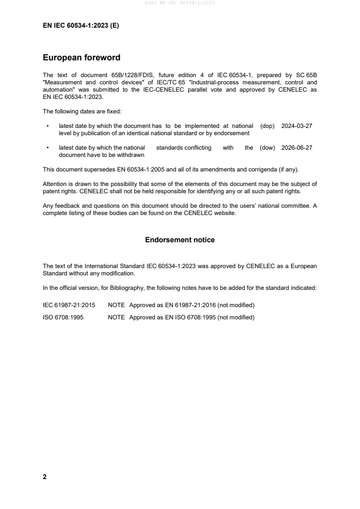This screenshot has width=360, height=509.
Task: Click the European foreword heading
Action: [81, 58]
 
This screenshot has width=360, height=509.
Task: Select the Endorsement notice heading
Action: [180, 240]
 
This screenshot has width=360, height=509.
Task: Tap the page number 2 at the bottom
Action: [44, 477]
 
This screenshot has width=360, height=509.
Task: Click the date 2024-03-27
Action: [297, 126]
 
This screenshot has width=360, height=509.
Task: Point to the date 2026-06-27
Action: [297, 147]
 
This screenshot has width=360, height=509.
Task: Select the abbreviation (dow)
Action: [267, 147]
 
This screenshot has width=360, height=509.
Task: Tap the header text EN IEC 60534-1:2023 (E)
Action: [81, 26]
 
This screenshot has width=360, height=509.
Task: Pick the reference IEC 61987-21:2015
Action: [69, 305]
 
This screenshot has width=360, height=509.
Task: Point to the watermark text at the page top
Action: [180, 3]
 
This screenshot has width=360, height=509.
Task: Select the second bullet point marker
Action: [47, 148]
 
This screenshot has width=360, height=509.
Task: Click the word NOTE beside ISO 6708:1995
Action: [116, 318]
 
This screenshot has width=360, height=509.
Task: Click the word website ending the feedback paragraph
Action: [226, 213]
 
